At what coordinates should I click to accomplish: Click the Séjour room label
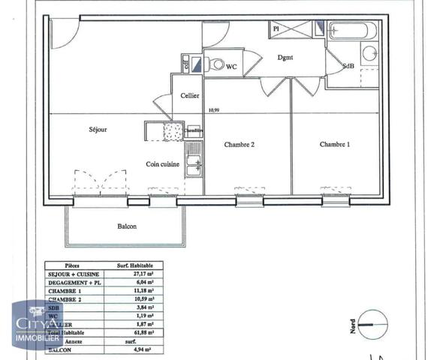point(97,130)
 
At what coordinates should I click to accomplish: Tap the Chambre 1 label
point(335,144)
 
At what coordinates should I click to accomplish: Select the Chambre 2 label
point(240,144)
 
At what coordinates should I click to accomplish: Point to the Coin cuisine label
point(162,164)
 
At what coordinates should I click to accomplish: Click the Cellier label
point(188,96)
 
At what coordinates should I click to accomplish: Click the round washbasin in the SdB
point(369,54)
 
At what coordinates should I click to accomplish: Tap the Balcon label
point(126,226)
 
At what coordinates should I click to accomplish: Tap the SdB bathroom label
point(348,66)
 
